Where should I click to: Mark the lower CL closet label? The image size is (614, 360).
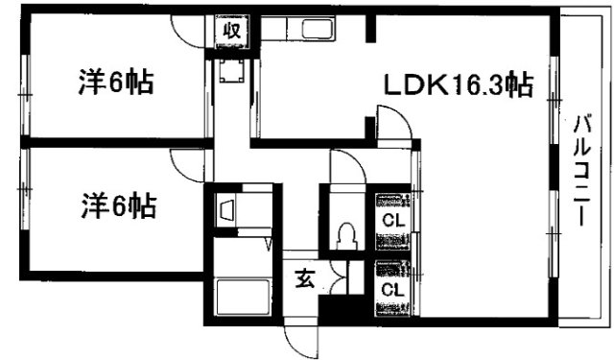pos(391,288)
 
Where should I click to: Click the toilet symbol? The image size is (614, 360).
pos(347,233)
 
